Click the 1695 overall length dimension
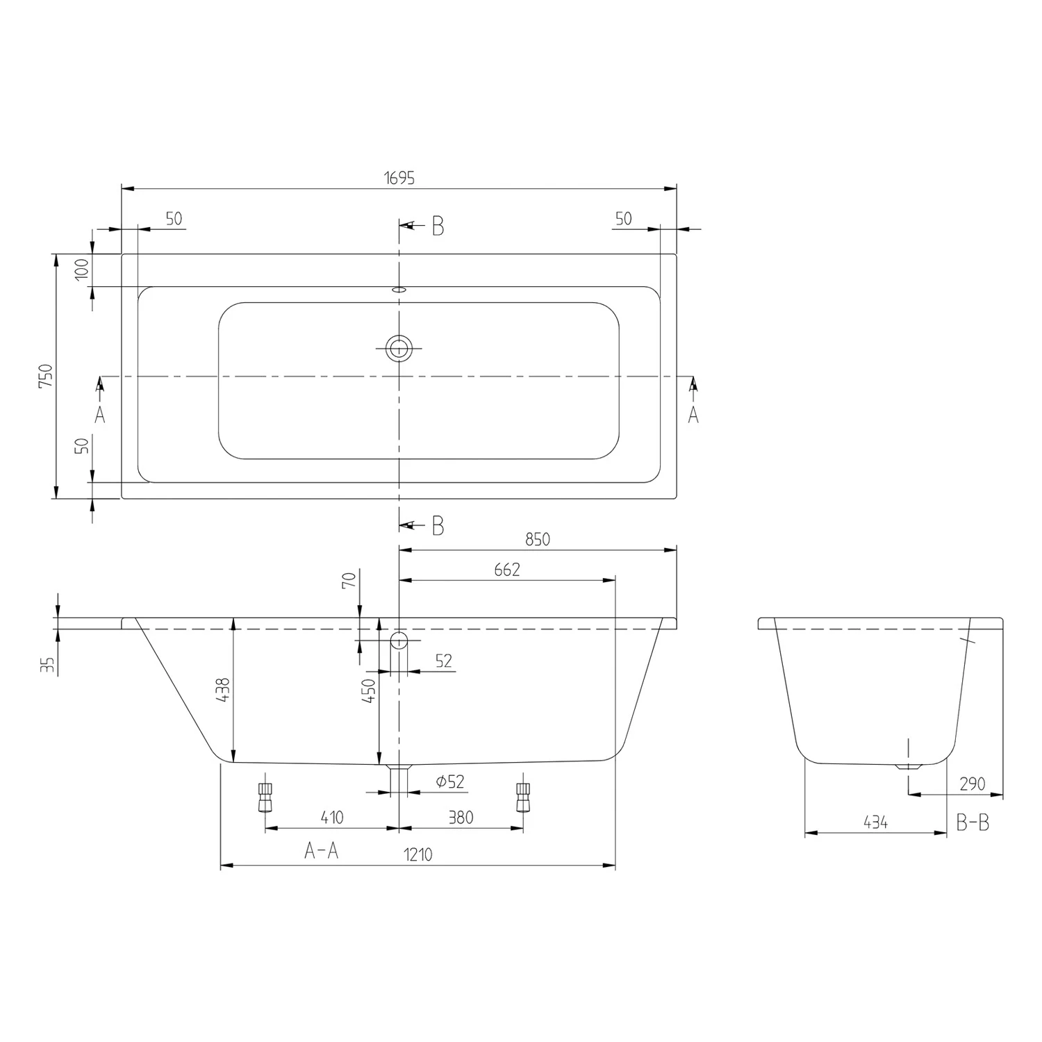399,178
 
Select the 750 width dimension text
45,376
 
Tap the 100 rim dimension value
82,268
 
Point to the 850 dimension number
537,539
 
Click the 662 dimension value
506,570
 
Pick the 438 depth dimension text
224,690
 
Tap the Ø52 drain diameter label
449,781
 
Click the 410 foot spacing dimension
332,818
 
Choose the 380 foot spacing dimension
460,818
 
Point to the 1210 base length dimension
417,854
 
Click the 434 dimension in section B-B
875,822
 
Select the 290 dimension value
972,784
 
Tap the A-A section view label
321,850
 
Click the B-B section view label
973,823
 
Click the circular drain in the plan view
399,348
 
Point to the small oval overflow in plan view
399,290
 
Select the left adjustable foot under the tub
265,797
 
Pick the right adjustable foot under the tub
523,797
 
